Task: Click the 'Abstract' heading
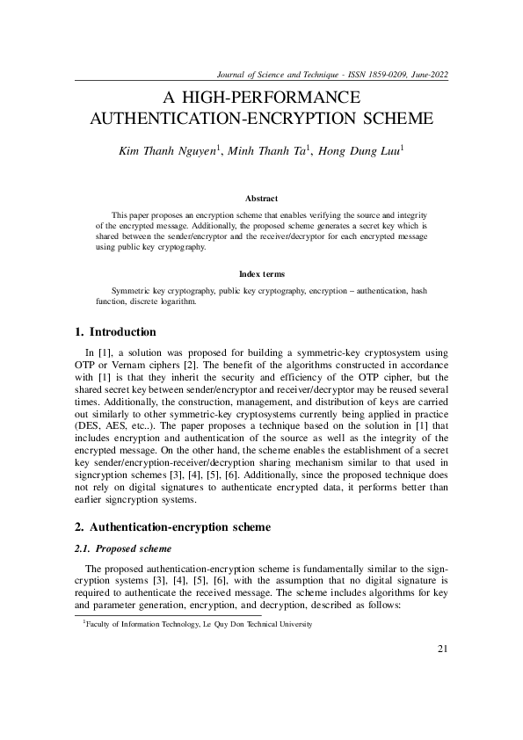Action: coord(261,199)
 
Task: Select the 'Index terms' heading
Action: coord(261,274)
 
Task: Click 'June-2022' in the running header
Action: coord(427,74)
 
